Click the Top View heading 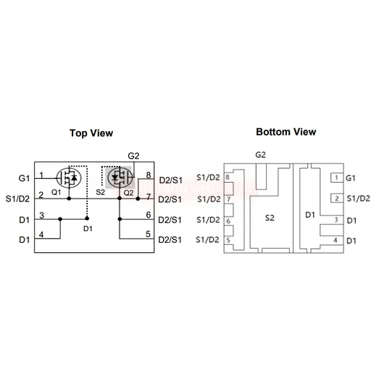[x=91, y=133]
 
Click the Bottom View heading [x=286, y=132]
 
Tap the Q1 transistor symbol [x=69, y=178]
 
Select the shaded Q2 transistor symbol [x=120, y=178]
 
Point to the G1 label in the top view [x=24, y=178]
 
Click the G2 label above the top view [x=133, y=156]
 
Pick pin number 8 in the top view [x=149, y=175]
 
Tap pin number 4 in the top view [x=41, y=234]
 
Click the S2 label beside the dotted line [x=101, y=192]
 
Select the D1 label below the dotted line [x=88, y=228]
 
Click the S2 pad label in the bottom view [x=270, y=218]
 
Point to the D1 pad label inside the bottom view [x=310, y=214]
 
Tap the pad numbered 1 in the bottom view [x=337, y=178]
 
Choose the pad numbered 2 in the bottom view [x=337, y=199]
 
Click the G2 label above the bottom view [x=261, y=154]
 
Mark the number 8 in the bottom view [x=228, y=178]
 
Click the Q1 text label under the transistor [x=56, y=193]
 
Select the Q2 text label [x=128, y=193]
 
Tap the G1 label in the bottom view [x=351, y=178]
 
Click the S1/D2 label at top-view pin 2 [x=17, y=199]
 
